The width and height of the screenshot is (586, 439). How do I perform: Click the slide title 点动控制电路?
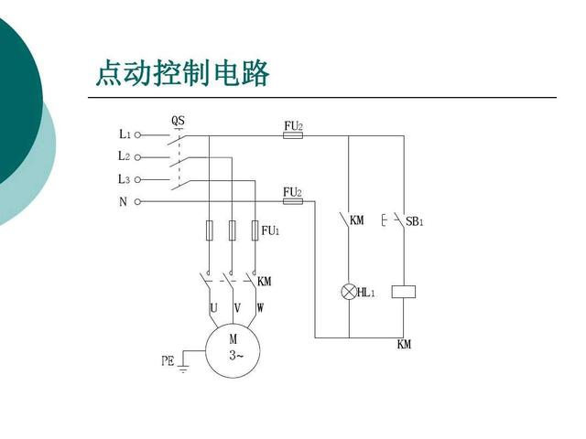(x=182, y=73)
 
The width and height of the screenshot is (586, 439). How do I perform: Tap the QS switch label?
(x=178, y=121)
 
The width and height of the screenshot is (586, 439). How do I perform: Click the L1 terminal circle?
(x=137, y=135)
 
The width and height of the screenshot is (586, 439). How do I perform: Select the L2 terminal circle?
(x=137, y=157)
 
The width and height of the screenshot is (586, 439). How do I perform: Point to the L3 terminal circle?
(x=137, y=180)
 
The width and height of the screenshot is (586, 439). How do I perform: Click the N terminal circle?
(x=137, y=201)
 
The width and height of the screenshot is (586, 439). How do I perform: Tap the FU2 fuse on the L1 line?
(x=293, y=135)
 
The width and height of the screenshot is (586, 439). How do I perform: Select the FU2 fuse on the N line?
(x=293, y=201)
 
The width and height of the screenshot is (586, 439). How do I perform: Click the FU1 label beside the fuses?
(x=270, y=230)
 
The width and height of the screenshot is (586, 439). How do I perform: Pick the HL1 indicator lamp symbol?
(x=349, y=292)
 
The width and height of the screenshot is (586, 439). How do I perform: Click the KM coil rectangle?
(x=404, y=292)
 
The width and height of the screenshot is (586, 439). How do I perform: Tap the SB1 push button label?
(x=415, y=221)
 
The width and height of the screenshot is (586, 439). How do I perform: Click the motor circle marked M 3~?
(x=233, y=351)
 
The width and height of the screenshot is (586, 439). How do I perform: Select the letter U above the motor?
(x=213, y=308)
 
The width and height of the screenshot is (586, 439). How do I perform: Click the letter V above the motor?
(x=237, y=308)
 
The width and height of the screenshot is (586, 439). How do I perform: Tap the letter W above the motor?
(x=260, y=308)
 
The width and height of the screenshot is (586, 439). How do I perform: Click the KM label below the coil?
(x=404, y=344)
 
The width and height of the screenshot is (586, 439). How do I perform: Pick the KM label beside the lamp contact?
(x=357, y=220)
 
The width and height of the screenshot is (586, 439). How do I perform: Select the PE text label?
(x=168, y=360)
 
